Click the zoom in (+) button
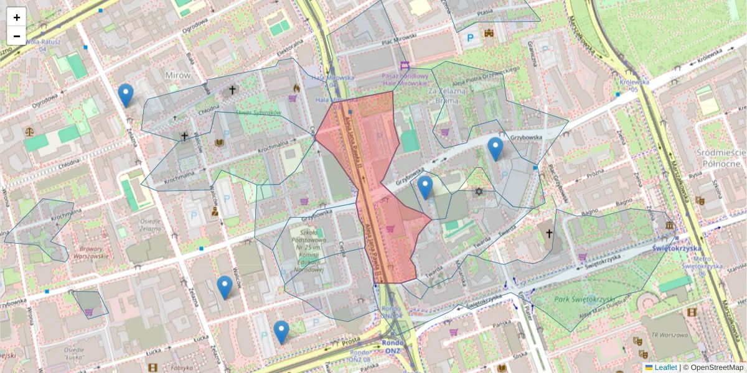pos(17,17)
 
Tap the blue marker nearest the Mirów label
pos(126,94)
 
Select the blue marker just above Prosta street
pos(281,331)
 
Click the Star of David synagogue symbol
pos(479,191)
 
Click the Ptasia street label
pos(482,12)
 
